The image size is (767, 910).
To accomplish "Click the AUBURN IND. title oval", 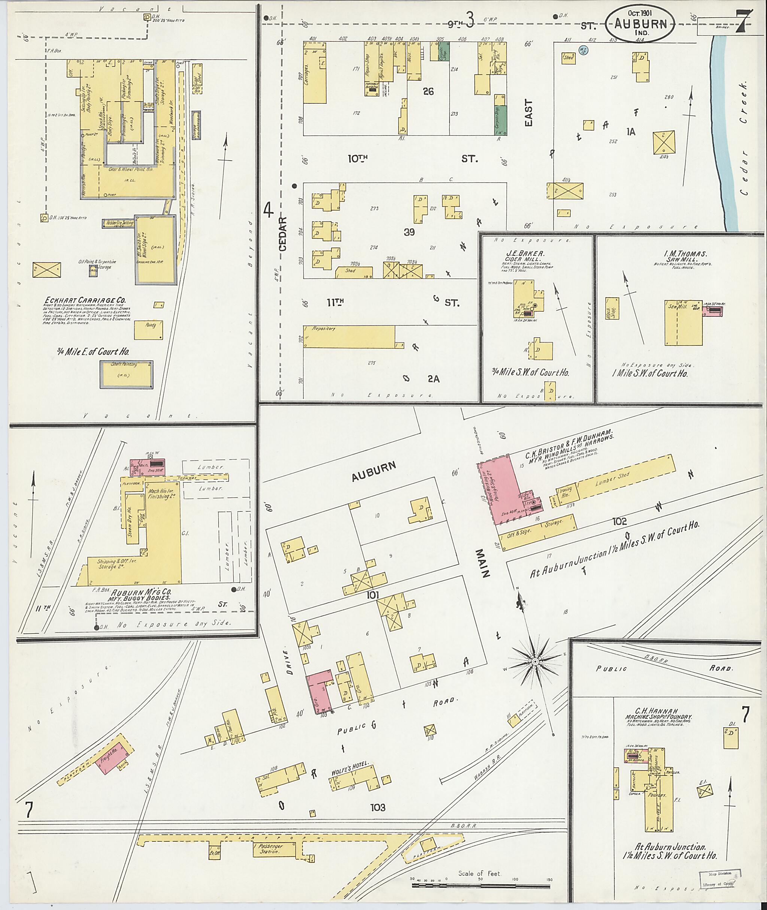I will tap(640, 24).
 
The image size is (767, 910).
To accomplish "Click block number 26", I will tap(428, 91).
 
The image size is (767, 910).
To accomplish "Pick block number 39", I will tap(409, 232).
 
